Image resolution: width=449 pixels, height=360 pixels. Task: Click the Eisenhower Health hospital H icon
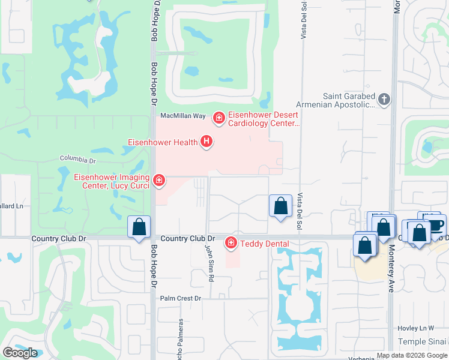[206, 142]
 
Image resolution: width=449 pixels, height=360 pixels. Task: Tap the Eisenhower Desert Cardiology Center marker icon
[219, 117]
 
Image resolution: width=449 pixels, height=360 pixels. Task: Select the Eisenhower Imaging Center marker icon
[158, 180]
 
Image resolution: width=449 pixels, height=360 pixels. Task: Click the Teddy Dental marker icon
[231, 243]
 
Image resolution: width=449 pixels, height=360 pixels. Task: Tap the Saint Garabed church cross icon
[385, 98]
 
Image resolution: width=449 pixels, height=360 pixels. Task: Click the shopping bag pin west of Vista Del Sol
[280, 206]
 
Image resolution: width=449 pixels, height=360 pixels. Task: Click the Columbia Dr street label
[77, 160]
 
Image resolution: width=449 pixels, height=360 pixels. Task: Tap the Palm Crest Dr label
[179, 298]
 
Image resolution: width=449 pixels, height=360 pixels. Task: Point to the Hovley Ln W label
[415, 328]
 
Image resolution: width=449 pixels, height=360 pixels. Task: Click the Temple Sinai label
[424, 340]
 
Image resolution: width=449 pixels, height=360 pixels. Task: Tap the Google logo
[20, 353]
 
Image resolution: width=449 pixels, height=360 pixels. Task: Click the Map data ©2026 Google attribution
[412, 355]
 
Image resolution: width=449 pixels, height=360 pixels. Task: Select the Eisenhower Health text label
[164, 143]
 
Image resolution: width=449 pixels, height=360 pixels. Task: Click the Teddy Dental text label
[265, 244]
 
